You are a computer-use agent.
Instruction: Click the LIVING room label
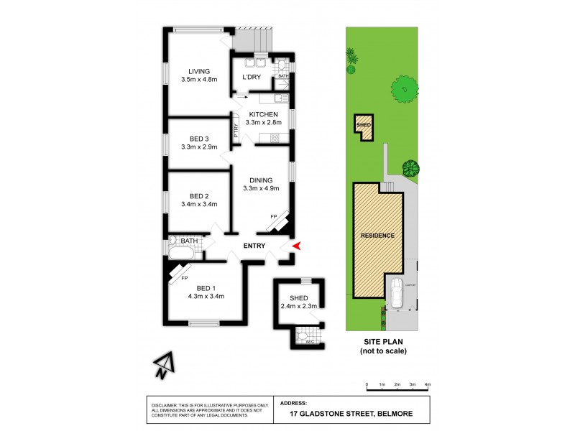pos(199,71)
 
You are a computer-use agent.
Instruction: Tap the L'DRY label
pos(251,77)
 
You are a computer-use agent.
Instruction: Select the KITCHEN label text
pos(264,114)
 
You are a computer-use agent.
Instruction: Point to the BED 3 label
pos(199,139)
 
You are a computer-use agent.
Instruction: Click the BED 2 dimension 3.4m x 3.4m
pos(199,204)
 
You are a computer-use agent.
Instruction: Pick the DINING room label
pos(261,181)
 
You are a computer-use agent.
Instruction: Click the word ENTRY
pos(254,246)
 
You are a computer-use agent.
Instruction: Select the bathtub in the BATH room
pos(183,253)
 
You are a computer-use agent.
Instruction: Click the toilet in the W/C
pos(303,335)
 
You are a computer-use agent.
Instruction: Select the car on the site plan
pos(397,292)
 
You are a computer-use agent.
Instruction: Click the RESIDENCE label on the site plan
pos(377,236)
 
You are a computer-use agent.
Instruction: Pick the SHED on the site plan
pos(364,126)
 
